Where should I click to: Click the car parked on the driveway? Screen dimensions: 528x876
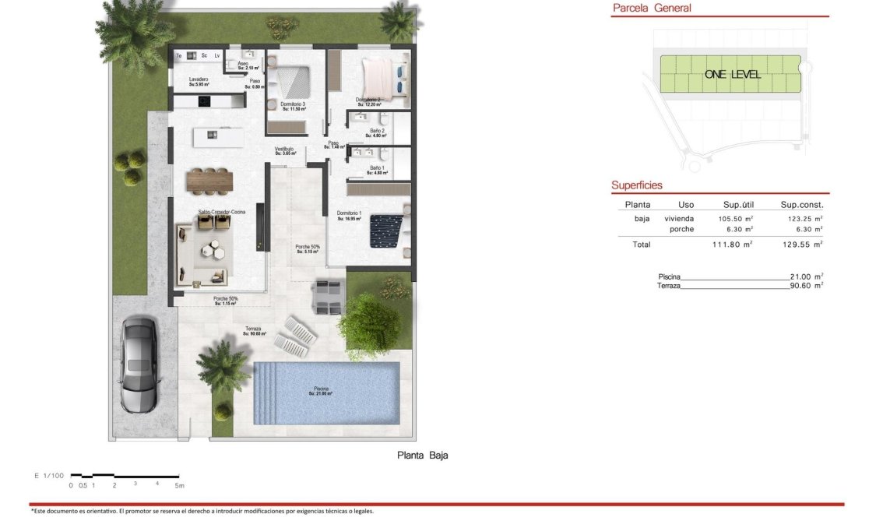[139, 363]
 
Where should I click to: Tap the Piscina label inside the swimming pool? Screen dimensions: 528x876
[321, 389]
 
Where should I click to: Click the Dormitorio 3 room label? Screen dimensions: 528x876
[293, 105]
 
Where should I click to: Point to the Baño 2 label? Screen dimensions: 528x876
[378, 132]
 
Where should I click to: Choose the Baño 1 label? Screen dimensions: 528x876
[377, 169]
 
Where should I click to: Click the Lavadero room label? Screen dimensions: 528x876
[198, 80]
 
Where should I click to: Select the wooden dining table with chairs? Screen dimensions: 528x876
[209, 181]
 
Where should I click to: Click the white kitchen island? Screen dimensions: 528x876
[218, 136]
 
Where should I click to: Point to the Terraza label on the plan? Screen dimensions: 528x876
[253, 329]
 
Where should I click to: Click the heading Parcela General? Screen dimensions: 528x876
[652, 9]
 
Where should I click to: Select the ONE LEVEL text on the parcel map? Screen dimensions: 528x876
[732, 75]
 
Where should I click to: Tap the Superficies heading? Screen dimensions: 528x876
[637, 185]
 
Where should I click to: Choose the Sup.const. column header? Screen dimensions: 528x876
[801, 205]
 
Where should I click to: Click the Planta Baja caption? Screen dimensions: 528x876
[423, 456]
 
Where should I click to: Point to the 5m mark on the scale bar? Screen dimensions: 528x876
[180, 485]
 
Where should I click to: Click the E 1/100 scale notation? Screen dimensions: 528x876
[48, 475]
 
